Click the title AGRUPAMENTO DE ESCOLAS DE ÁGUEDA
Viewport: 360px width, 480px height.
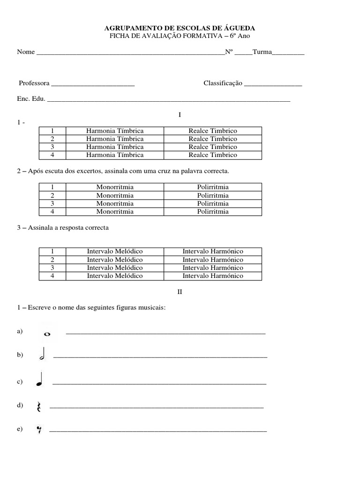[180, 29]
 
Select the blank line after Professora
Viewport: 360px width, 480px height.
[92, 85]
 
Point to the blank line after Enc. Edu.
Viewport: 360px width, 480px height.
[169, 100]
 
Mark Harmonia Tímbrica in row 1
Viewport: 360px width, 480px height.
[115, 131]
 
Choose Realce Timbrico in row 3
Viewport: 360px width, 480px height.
[213, 147]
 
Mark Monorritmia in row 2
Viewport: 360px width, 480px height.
[115, 195]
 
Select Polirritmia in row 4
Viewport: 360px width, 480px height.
[213, 211]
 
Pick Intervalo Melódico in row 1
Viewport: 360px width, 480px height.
[115, 252]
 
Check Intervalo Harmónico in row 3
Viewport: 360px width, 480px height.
[213, 268]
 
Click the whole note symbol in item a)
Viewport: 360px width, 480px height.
[47, 334]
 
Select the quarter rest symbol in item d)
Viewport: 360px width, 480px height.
[38, 407]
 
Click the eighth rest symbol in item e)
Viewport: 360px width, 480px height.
[39, 429]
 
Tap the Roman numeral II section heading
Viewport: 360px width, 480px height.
[180, 292]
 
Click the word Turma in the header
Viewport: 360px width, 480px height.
[262, 52]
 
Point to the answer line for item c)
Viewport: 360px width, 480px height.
[159, 384]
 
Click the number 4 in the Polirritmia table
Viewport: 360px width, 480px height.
[52, 211]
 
